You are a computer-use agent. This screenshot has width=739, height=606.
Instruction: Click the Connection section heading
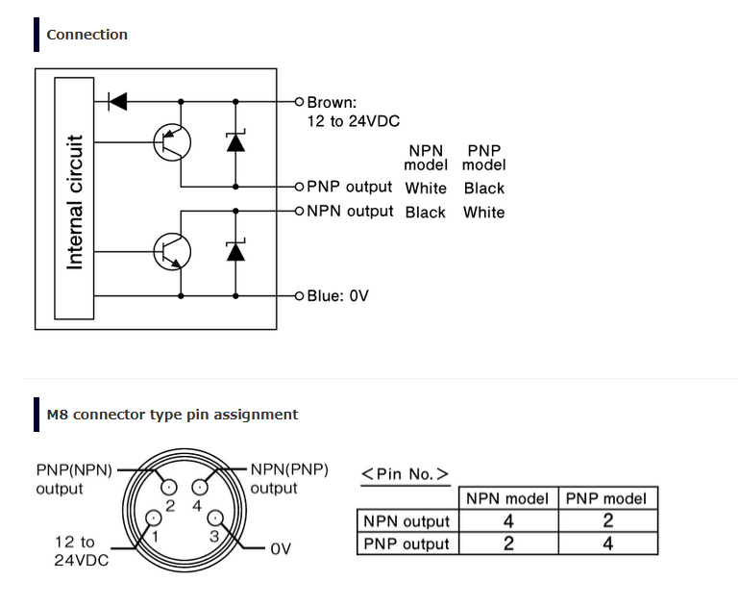86,35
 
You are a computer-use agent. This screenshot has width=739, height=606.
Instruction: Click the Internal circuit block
74,200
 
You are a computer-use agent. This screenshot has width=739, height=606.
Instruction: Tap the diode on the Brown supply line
118,100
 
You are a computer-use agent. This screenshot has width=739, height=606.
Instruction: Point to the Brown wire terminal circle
299,100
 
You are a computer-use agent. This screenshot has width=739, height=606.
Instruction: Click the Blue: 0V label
337,295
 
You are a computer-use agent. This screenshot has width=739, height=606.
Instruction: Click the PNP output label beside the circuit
349,187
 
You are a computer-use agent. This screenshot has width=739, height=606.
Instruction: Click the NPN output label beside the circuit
350,211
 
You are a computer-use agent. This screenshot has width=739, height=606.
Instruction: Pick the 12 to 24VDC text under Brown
353,121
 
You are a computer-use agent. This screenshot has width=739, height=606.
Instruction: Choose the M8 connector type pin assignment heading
172,415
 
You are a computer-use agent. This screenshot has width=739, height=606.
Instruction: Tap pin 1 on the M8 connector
151,520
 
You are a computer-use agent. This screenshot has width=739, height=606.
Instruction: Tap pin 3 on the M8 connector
218,520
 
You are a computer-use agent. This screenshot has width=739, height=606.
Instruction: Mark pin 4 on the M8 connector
202,488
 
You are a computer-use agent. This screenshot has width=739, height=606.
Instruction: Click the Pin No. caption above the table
405,473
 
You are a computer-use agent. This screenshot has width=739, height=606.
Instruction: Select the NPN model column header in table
507,498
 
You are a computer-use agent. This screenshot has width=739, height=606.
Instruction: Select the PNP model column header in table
607,498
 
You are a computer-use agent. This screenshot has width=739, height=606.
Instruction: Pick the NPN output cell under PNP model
607,521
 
